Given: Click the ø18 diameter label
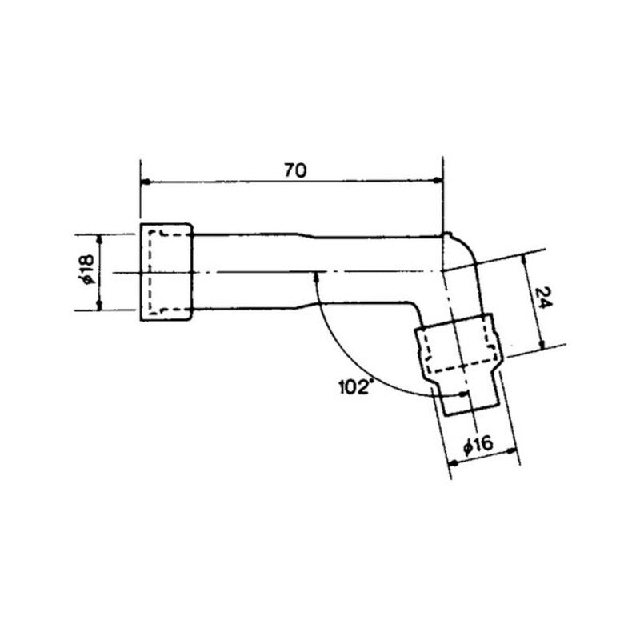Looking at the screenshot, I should pyautogui.click(x=87, y=273).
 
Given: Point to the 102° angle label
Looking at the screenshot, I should pyautogui.click(x=356, y=388).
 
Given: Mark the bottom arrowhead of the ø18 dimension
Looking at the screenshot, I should pyautogui.click(x=100, y=306).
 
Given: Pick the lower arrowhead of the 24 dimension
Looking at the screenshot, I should pyautogui.click(x=542, y=343).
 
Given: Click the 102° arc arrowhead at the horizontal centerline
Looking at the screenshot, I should pyautogui.click(x=318, y=277).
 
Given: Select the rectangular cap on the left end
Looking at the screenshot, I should pyautogui.click(x=166, y=273).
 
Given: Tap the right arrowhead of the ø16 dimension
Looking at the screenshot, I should pyautogui.click(x=514, y=453).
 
